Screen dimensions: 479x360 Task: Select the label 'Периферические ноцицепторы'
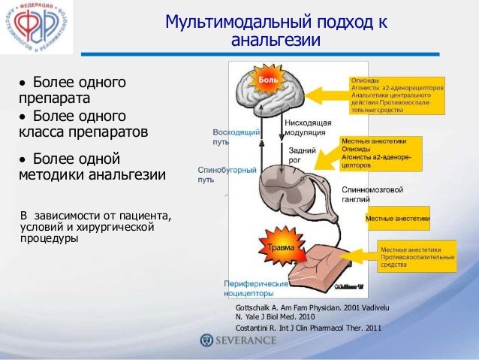[x=255, y=289]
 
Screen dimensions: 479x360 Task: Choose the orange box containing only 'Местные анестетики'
[x=397, y=219]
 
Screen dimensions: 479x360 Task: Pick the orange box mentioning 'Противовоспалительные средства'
[x=417, y=256]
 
